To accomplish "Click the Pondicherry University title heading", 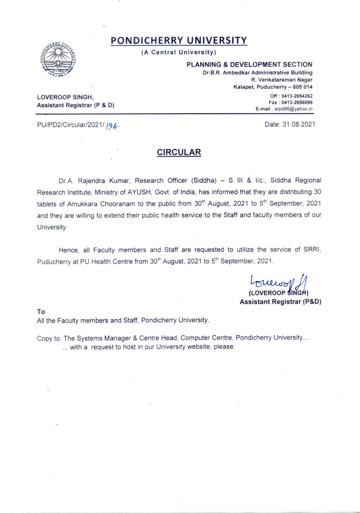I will (179, 41).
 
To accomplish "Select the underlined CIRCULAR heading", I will (179, 152).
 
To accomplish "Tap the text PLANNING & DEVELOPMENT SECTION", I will (249, 64).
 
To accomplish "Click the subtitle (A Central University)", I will (179, 52).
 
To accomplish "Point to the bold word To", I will (41, 312).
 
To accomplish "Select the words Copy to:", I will (49, 338).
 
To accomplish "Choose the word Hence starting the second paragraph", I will (69, 249).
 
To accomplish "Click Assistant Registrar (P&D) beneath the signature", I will (280, 302).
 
